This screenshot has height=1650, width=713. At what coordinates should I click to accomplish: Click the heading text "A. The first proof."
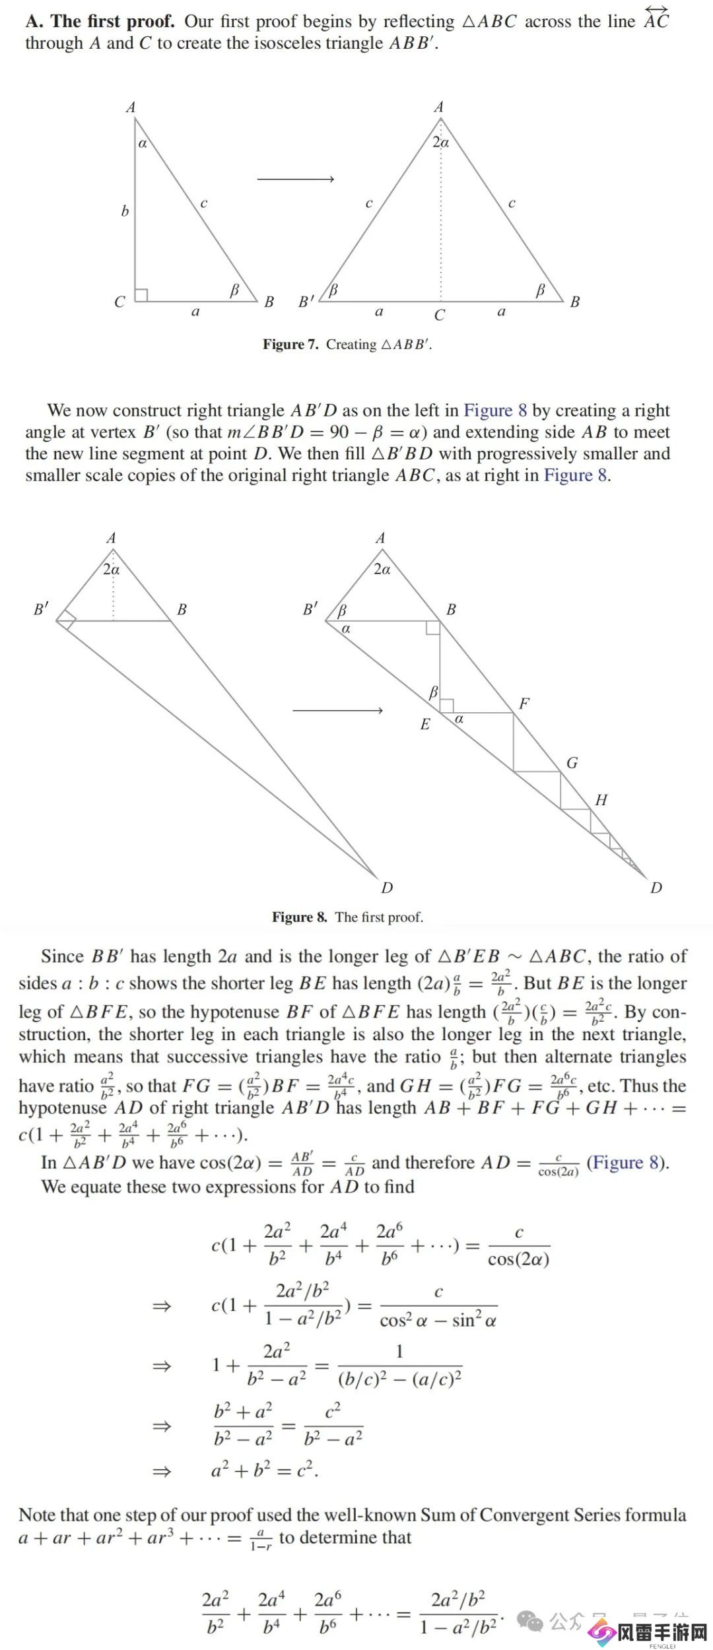coord(100,22)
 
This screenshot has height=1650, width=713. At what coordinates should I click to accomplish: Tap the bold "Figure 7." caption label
coord(290,345)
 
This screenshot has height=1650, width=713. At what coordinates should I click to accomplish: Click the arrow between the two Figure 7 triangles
coord(295,179)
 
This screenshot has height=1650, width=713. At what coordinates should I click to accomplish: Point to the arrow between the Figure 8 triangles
coord(337,710)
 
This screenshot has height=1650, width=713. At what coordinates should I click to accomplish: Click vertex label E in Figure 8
coord(425,725)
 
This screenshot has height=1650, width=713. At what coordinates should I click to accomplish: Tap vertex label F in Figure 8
coord(524,704)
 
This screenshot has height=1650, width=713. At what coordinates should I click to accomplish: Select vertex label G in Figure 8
coord(572,763)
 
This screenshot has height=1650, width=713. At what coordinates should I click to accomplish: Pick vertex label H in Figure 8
coord(601,801)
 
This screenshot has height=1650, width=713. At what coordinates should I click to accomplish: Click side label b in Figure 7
coord(125,211)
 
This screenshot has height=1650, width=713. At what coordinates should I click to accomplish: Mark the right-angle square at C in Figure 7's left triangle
coord(141,295)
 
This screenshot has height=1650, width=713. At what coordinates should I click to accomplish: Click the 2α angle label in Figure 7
coord(440,142)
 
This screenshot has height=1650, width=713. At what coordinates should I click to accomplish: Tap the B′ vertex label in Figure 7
coord(306,302)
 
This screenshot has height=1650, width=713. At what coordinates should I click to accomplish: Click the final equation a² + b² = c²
coord(264,1470)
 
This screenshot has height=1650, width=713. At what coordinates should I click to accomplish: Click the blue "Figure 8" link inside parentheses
coord(628,1163)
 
